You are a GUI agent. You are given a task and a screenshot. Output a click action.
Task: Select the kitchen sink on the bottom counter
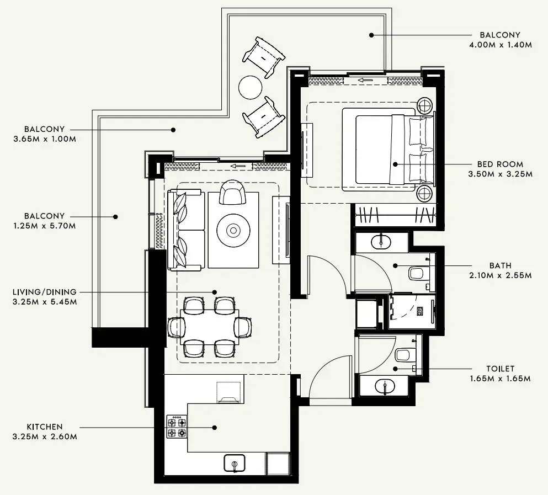click(235, 463)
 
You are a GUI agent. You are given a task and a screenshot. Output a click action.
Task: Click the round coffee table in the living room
click(232, 230)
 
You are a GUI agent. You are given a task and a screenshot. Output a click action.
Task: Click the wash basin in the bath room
click(381, 241)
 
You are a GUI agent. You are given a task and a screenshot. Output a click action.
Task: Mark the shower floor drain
click(419, 311)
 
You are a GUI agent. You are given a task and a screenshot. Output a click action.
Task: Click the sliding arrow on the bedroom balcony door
click(364, 81)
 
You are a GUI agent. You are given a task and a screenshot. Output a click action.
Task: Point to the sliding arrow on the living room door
click(238, 166)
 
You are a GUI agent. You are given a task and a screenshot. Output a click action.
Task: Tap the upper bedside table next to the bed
click(425, 104)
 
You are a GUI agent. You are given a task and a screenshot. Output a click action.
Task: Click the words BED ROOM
click(500, 164)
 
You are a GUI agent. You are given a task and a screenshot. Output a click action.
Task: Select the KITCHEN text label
click(45, 427)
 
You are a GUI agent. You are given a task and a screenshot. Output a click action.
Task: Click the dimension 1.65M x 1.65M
click(500, 379)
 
